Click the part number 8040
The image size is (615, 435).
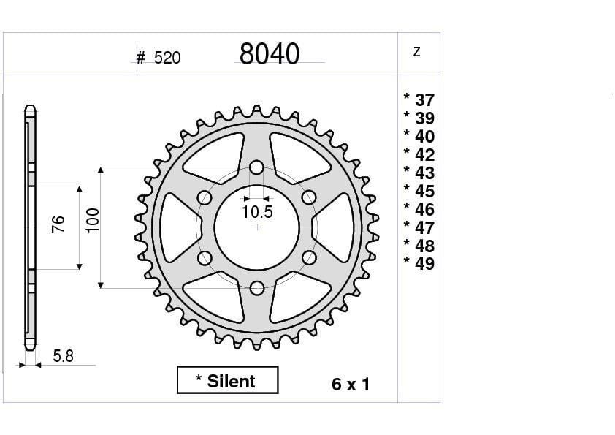[269, 55]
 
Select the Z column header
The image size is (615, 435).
[416, 52]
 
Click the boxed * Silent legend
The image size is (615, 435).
[227, 381]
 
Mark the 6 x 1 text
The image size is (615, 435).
[351, 385]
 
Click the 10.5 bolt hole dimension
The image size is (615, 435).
[257, 213]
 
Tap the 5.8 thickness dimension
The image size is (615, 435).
[64, 357]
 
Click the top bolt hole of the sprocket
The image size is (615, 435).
[256, 167]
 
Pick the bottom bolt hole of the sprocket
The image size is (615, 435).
[256, 288]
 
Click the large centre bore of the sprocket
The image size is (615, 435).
[256, 227]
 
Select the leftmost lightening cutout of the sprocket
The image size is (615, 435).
[176, 227]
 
